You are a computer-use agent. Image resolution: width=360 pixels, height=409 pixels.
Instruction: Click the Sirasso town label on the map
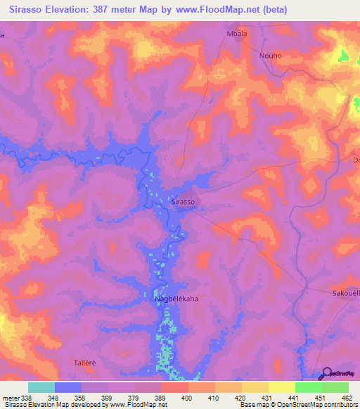[x=183, y=202]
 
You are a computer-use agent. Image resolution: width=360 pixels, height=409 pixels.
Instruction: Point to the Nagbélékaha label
[x=176, y=299]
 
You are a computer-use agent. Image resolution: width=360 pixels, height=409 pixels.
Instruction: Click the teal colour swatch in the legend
[x=41, y=387]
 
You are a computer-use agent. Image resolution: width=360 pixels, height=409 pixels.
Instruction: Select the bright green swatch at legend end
[x=335, y=387]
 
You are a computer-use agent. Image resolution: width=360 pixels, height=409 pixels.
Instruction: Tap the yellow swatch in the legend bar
[x=281, y=387]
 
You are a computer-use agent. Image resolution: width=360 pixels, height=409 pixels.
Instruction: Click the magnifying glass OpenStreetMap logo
[x=326, y=374]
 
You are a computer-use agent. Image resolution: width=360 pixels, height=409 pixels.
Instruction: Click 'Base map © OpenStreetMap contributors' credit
[x=297, y=405]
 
